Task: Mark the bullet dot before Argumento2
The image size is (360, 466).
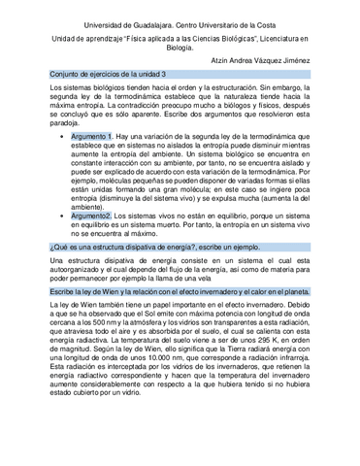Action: pyautogui.click(x=62, y=216)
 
